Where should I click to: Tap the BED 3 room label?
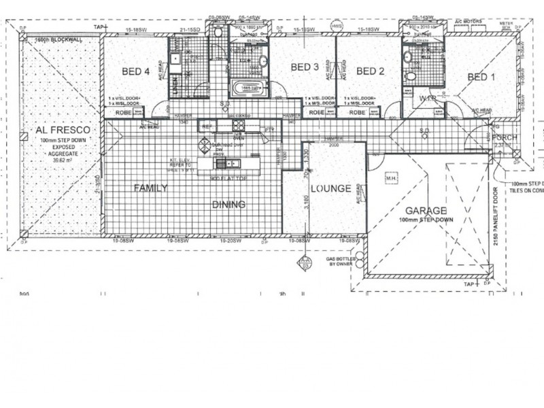tap(305, 67)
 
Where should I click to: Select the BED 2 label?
tap(371, 71)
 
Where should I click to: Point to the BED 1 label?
tap(481, 77)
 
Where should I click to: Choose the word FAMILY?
tap(150, 188)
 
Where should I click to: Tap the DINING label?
tap(228, 204)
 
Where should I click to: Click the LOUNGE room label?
tap(331, 188)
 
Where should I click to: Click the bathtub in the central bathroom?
tap(248, 88)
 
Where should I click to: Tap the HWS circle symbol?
tap(335, 27)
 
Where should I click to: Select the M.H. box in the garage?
tap(391, 179)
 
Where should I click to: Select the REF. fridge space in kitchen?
tap(206, 126)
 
